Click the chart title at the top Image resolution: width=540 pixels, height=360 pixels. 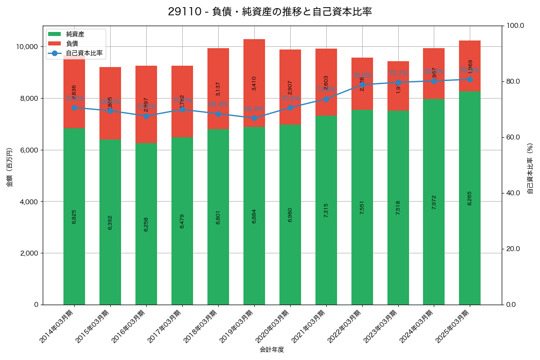pos(270,12)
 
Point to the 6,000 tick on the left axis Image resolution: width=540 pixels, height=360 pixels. pos(29,150)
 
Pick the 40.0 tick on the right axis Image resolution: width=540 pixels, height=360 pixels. pos(513,193)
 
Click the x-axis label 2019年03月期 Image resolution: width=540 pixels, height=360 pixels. pos(239,326)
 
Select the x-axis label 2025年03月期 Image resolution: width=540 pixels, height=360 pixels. pos(454,326)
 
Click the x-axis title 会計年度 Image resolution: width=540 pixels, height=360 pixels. pos(272,350)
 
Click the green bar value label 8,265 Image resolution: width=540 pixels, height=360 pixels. pos(470,198)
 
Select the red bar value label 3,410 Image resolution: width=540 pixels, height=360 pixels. pos(254,83)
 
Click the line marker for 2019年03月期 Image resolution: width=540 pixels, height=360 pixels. pos(254,118)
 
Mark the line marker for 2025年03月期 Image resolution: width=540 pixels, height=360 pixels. pos(470,79)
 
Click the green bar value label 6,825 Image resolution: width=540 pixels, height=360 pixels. pos(74,216)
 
